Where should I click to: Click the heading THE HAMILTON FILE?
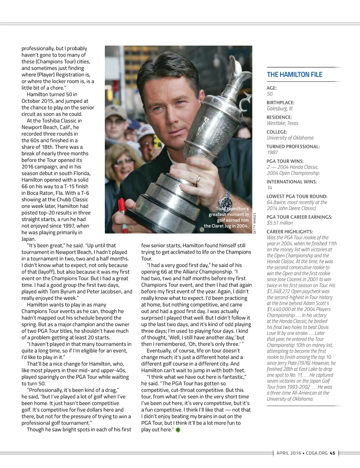[294, 75]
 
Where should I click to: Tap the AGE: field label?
[271, 88]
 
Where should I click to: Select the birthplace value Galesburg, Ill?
[280, 108]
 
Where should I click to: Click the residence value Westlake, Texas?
[282, 123]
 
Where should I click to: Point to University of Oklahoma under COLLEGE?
[290, 138]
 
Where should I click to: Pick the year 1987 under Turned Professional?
[272, 152]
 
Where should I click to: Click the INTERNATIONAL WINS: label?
[291, 182]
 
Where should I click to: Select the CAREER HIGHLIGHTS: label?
[289, 232]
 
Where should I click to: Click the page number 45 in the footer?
[332, 453]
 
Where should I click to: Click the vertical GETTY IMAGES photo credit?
[255, 223]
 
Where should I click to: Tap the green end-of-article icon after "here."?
[178, 430]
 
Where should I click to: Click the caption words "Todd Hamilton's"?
[232, 209]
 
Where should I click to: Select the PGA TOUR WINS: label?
[285, 161]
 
